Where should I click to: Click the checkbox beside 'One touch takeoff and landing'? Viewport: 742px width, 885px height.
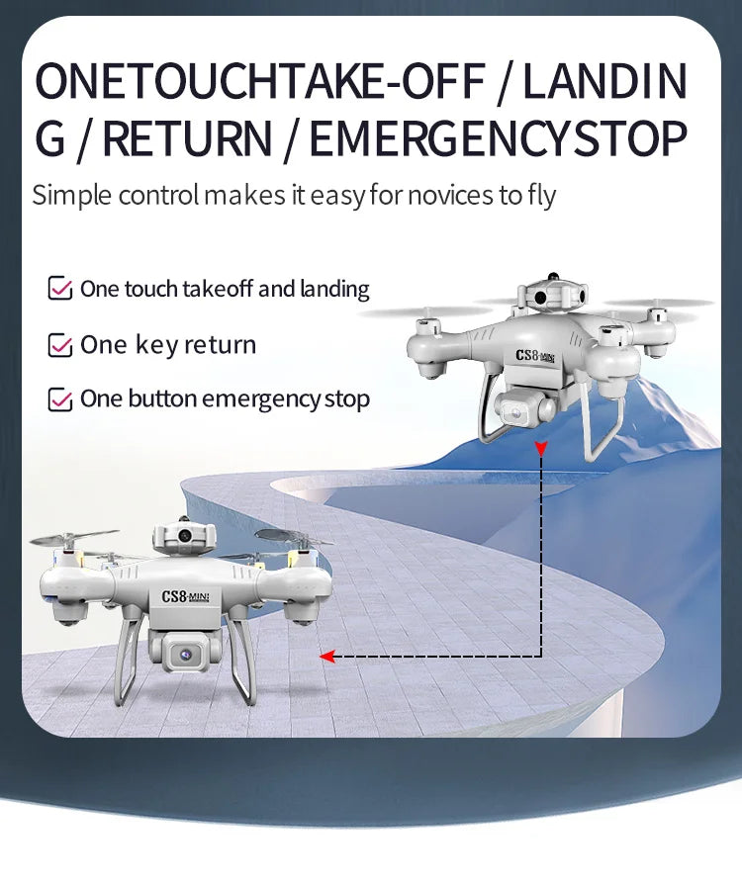[60, 290]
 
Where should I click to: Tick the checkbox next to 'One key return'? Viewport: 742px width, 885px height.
[60, 345]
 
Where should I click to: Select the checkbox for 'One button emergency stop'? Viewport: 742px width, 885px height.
[60, 399]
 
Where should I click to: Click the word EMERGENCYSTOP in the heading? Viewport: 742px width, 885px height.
[498, 137]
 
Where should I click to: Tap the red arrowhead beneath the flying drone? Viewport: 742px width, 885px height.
[541, 450]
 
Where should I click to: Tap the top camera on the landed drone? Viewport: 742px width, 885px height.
[183, 536]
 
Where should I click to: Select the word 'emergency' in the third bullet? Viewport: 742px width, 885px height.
[261, 399]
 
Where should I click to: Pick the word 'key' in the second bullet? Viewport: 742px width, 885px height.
[155, 345]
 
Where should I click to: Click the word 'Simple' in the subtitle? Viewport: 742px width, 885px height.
[72, 195]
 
